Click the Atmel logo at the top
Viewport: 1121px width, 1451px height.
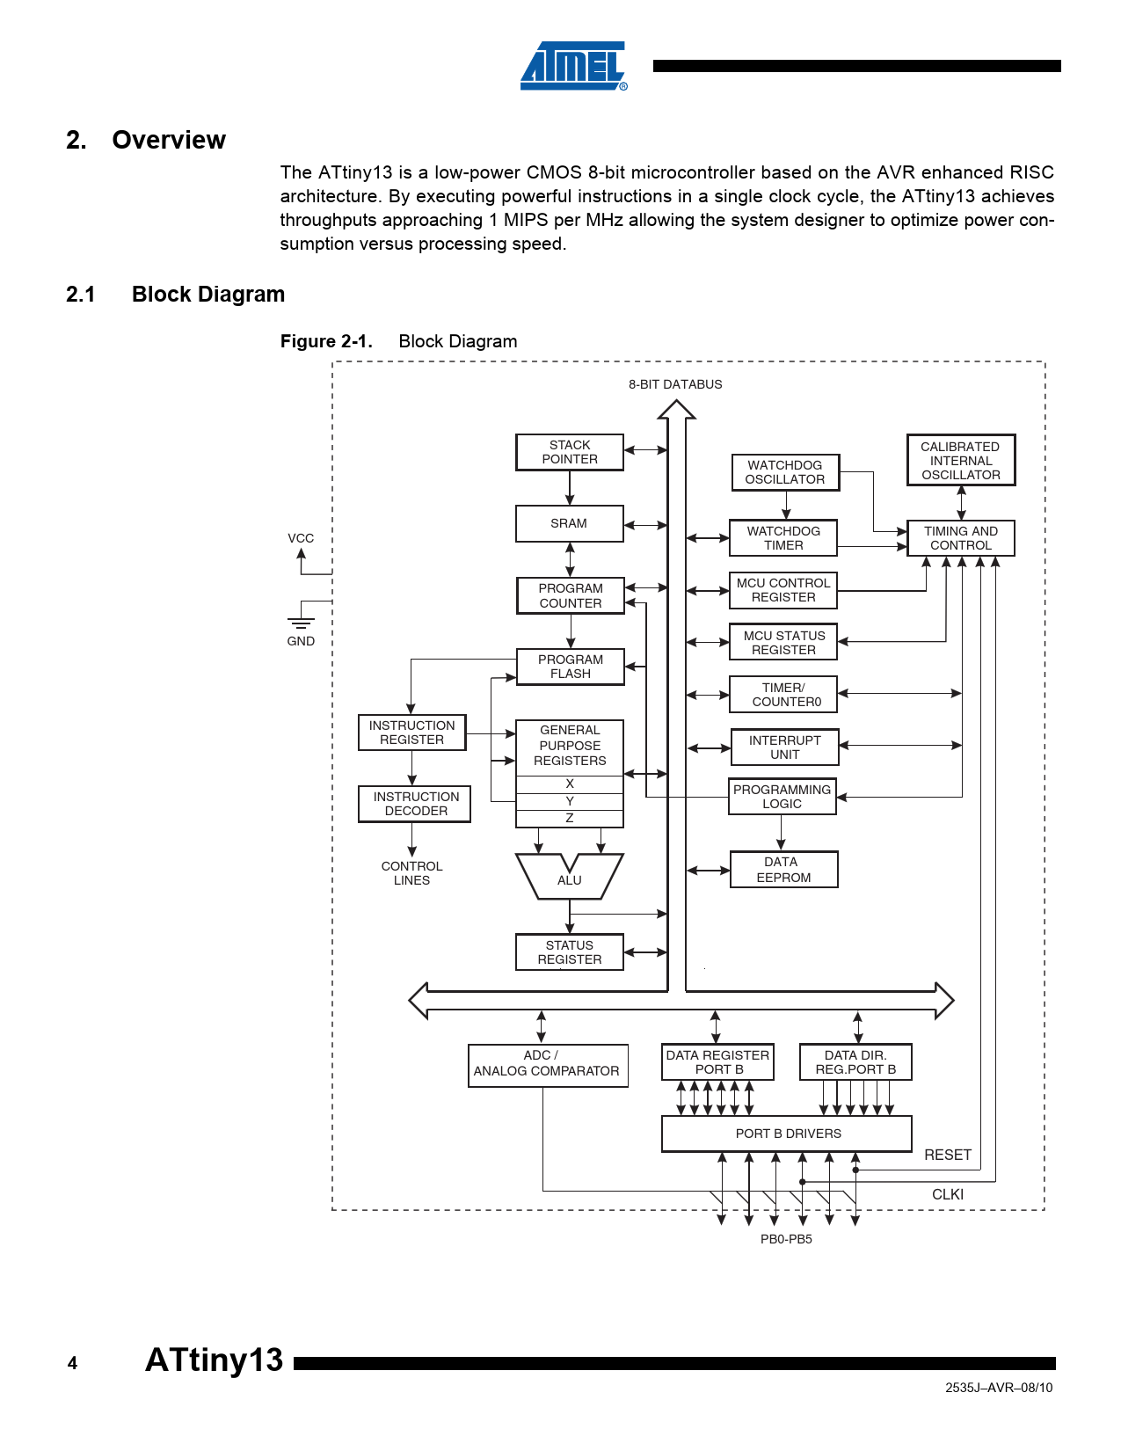click(x=573, y=66)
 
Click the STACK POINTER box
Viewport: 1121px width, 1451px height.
click(x=570, y=452)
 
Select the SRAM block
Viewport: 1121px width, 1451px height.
click(x=569, y=523)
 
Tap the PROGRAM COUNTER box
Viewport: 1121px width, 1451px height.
click(x=571, y=595)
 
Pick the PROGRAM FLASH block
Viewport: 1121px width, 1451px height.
click(x=571, y=667)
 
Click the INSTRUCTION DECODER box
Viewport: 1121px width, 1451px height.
click(x=415, y=804)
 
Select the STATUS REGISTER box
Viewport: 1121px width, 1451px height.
click(x=570, y=952)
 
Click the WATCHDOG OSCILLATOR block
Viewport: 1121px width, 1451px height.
click(x=785, y=472)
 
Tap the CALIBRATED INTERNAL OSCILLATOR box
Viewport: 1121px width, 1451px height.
click(x=961, y=460)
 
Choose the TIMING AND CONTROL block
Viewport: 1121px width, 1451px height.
click(x=961, y=538)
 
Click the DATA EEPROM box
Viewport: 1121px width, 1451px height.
click(x=783, y=870)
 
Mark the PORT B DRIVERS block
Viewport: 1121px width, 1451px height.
click(x=787, y=1134)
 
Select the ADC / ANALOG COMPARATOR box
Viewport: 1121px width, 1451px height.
click(x=548, y=1064)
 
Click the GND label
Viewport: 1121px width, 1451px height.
click(x=301, y=641)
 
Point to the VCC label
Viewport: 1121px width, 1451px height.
click(x=301, y=538)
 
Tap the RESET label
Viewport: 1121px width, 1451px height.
click(x=948, y=1155)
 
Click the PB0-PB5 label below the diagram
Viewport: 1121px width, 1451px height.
click(x=786, y=1239)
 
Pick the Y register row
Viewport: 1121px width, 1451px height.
click(x=570, y=801)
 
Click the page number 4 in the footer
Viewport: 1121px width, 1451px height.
click(x=72, y=1363)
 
